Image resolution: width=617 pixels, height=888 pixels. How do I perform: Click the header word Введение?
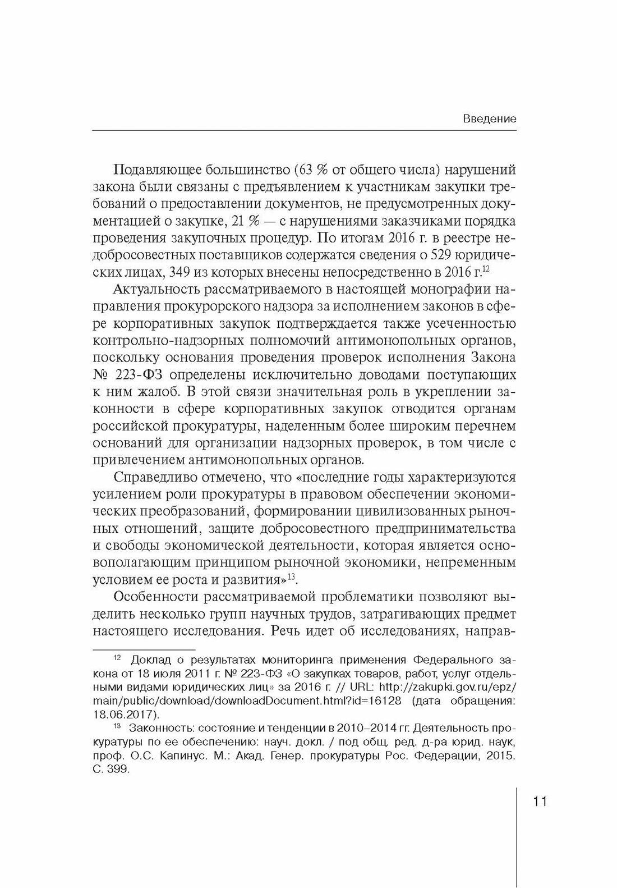(x=490, y=119)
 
